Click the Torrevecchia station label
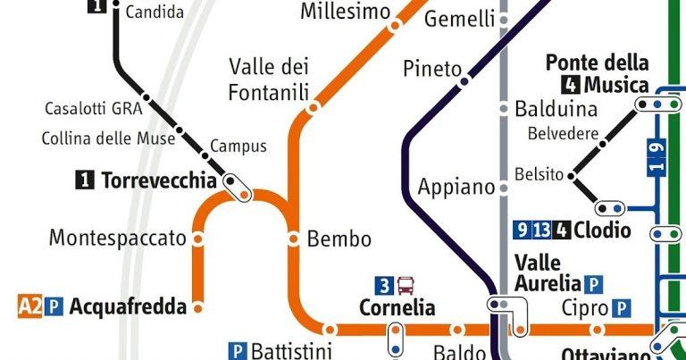tap(158, 181)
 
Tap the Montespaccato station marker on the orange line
tap(197, 239)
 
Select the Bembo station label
tap(339, 239)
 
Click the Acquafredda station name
tap(128, 307)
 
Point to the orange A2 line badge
tap(29, 307)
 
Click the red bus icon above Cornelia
tap(406, 287)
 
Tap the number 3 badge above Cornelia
tap(384, 287)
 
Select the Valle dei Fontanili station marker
tap(313, 107)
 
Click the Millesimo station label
tap(345, 12)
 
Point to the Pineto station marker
tap(464, 81)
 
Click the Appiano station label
tap(456, 188)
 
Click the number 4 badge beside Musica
tap(570, 87)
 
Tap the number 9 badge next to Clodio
tap(523, 230)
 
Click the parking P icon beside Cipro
tap(623, 308)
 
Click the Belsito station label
tap(539, 175)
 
